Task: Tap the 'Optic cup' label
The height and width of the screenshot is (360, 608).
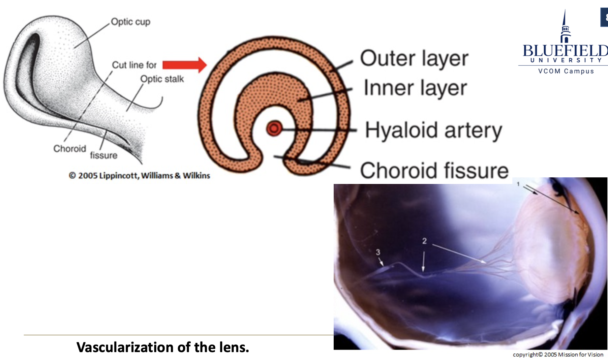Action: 131,22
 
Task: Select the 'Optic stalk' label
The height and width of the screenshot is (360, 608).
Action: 162,79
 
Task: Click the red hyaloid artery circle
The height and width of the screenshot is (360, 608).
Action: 274,129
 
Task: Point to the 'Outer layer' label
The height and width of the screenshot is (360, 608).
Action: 414,59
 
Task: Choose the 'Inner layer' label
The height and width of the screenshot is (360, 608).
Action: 415,88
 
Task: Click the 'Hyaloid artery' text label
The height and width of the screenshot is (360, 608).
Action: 433,130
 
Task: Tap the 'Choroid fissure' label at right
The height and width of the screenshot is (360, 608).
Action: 434,170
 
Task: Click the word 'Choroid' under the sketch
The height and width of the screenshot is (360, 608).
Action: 70,149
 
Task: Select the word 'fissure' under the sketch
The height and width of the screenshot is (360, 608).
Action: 104,155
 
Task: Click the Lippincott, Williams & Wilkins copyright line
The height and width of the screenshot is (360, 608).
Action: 139,175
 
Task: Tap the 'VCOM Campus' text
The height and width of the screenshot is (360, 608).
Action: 566,71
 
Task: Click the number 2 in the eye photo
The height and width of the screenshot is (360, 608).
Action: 424,241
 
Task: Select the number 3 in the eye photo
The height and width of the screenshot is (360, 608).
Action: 378,252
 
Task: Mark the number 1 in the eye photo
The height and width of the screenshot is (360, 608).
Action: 518,184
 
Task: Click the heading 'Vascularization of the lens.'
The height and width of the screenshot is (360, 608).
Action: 163,347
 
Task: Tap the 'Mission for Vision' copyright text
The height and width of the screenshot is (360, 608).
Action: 558,355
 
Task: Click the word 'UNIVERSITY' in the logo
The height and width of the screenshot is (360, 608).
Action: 566,60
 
